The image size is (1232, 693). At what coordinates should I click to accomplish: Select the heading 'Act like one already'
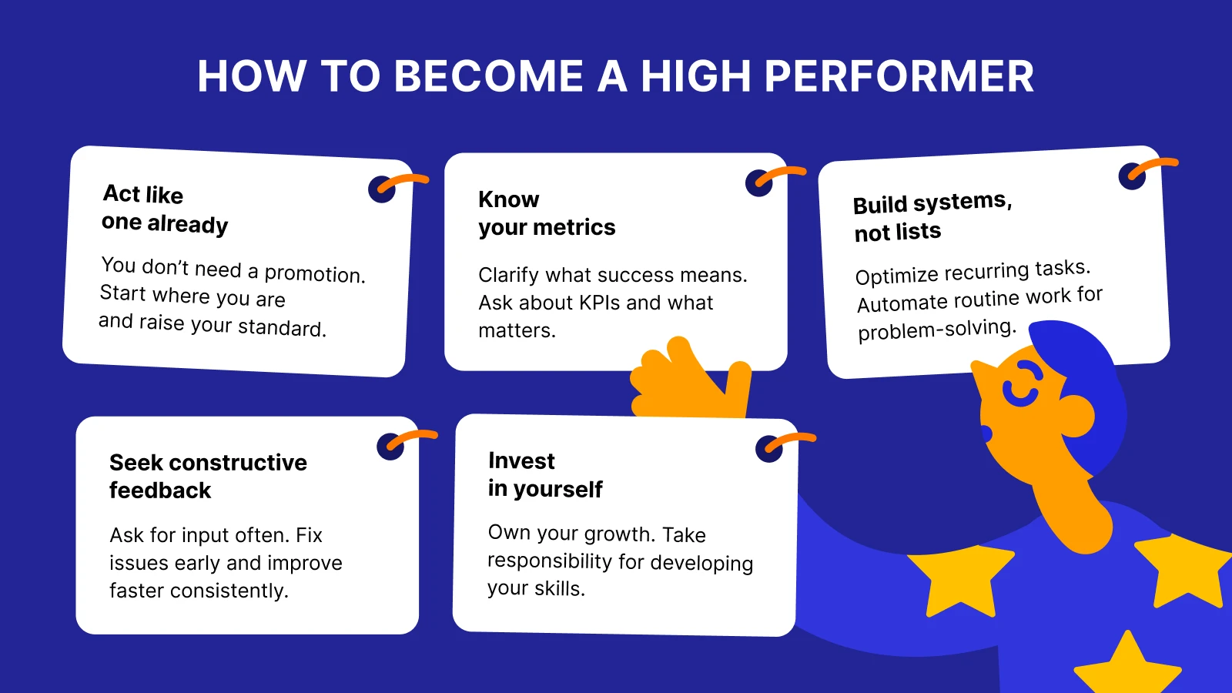click(x=165, y=209)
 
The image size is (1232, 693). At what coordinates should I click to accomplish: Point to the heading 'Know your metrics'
click(x=546, y=213)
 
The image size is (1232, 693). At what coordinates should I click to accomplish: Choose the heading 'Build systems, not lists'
click(x=932, y=216)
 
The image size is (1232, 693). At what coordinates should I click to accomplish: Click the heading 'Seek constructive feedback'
click(x=208, y=476)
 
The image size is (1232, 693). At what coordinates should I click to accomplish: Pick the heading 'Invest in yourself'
click(x=544, y=474)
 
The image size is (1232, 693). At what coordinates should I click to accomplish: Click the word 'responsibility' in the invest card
click(x=550, y=561)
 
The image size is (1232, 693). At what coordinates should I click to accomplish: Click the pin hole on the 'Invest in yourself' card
click(x=768, y=449)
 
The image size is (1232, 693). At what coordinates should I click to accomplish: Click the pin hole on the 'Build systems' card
click(x=1131, y=176)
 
